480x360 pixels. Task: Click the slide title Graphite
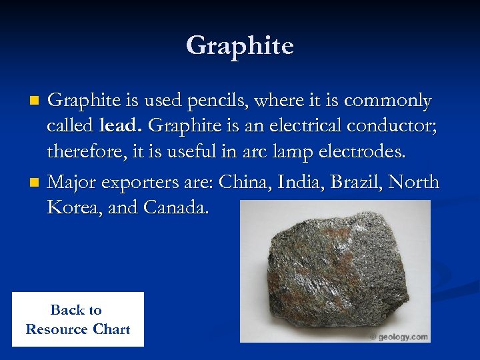240,46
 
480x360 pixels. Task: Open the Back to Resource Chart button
77,319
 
